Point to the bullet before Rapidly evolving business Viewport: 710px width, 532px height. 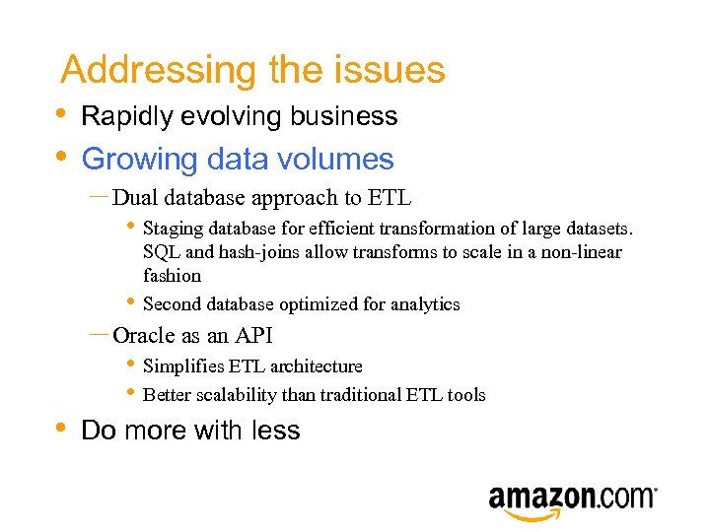pyautogui.click(x=62, y=112)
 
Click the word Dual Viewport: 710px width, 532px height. pyautogui.click(x=136, y=198)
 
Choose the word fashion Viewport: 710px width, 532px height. pyautogui.click(x=172, y=276)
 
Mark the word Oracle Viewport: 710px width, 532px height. pyautogui.click(x=144, y=336)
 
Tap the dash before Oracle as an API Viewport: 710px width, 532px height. pyautogui.click(x=98, y=335)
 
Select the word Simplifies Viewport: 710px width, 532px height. pyautogui.click(x=183, y=366)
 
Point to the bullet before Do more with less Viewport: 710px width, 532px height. pyautogui.click(x=62, y=427)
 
